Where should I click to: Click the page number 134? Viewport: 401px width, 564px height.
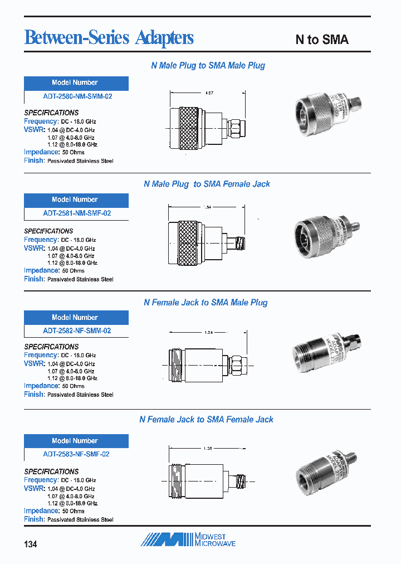click(31, 544)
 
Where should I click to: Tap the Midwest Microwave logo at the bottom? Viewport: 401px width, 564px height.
click(187, 539)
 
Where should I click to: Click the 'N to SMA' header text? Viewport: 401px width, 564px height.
click(321, 40)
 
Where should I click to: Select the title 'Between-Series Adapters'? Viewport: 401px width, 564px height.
click(109, 37)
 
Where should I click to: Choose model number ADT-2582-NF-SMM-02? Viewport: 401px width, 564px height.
click(77, 330)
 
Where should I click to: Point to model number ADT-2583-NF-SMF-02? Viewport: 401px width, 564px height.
click(76, 454)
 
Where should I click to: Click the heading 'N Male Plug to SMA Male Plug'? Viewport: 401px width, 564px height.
click(208, 66)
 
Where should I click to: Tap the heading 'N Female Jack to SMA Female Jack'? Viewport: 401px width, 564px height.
click(206, 419)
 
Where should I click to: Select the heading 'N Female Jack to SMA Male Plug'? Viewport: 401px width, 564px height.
click(206, 303)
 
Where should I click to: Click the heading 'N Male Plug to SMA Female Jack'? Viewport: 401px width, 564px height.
click(207, 184)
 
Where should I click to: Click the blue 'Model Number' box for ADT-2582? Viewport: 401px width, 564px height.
click(76, 318)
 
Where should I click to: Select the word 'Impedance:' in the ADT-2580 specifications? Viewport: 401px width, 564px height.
click(41, 152)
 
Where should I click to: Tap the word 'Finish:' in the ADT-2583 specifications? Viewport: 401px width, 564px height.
click(34, 519)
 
